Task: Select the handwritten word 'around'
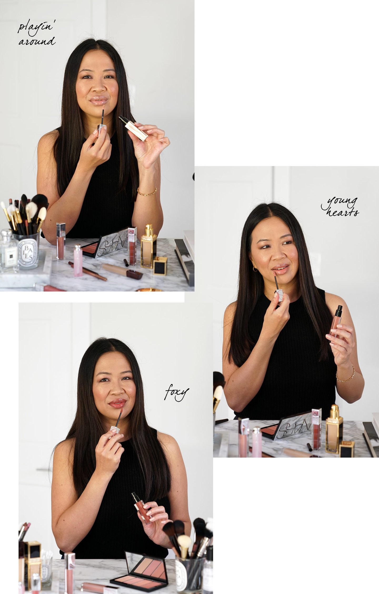pyautogui.click(x=37, y=41)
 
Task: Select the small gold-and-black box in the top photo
pyautogui.click(x=161, y=266)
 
